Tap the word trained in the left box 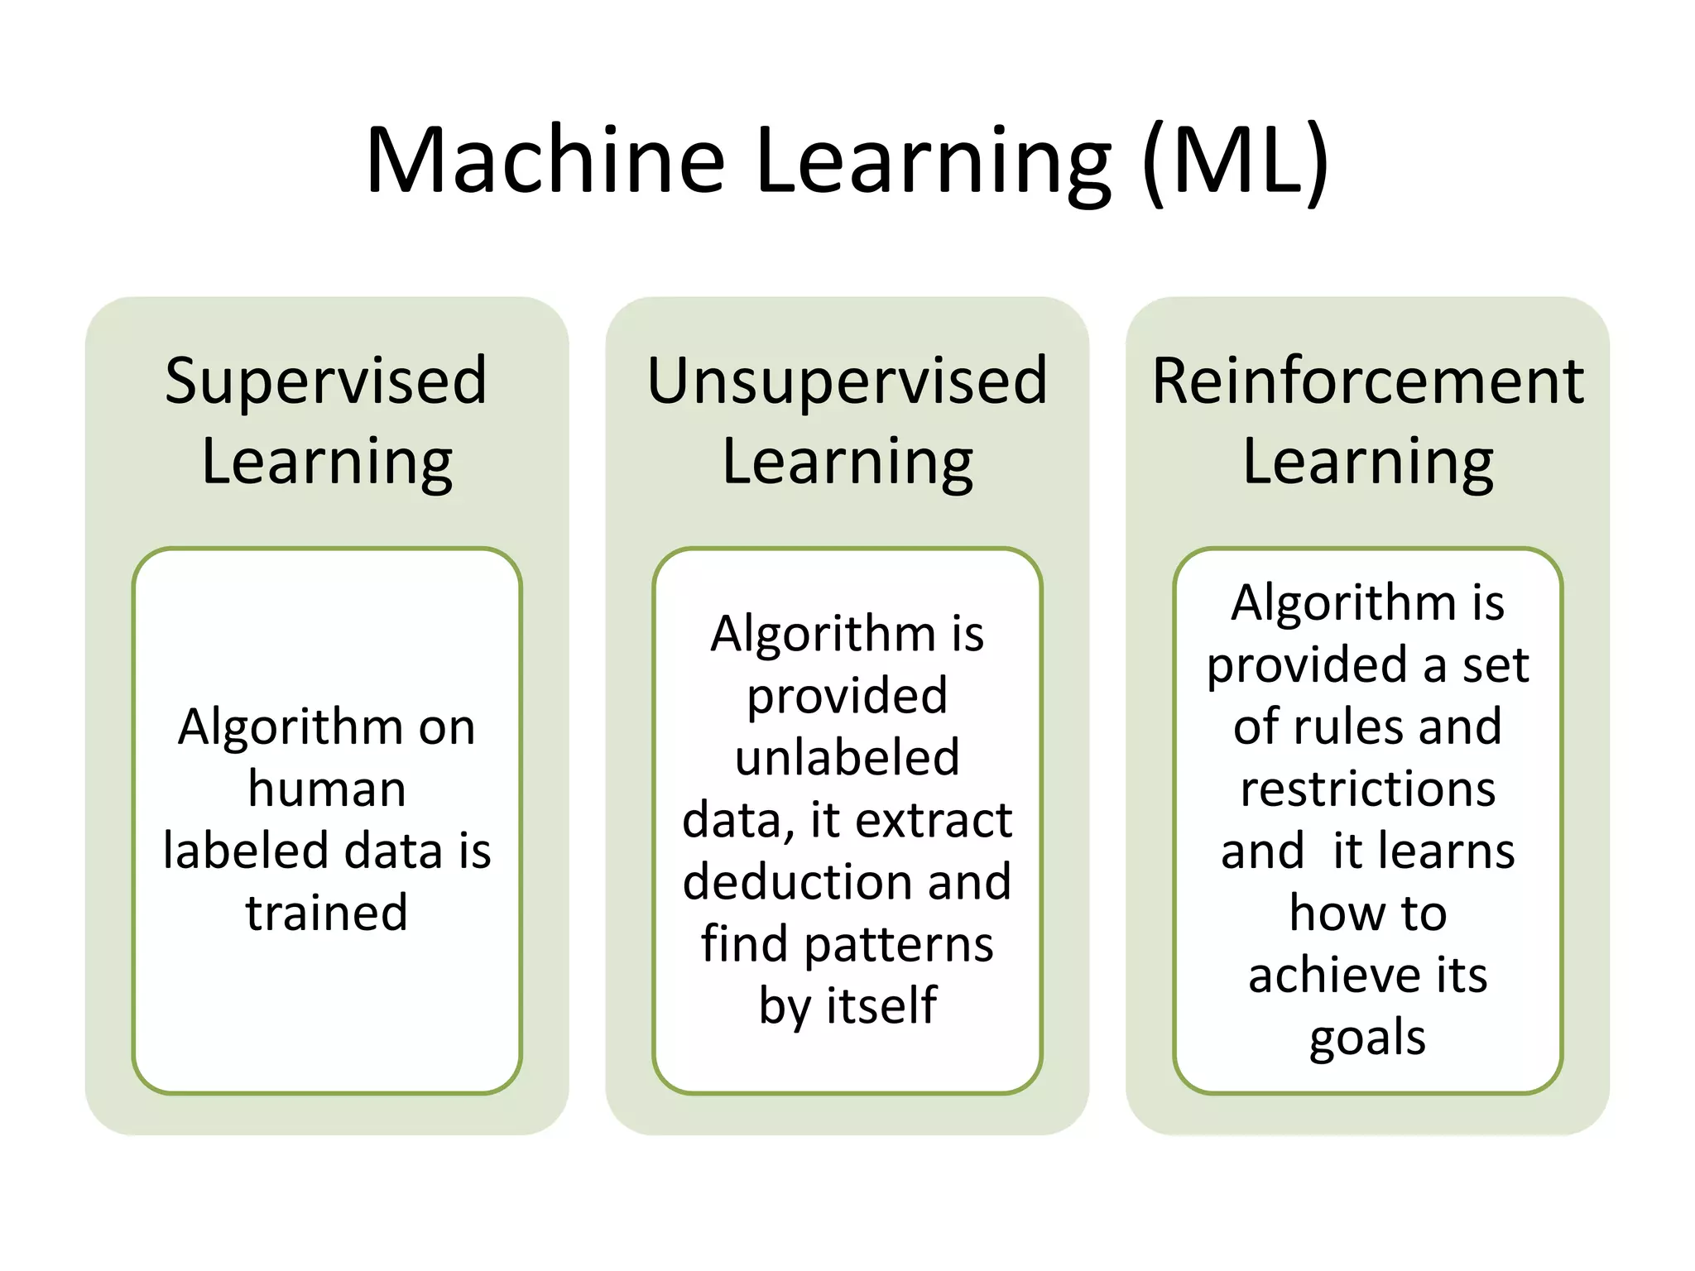coord(327,913)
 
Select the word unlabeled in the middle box coord(847,757)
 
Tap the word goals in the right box coord(1367,1038)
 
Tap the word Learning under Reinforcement coord(1367,462)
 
